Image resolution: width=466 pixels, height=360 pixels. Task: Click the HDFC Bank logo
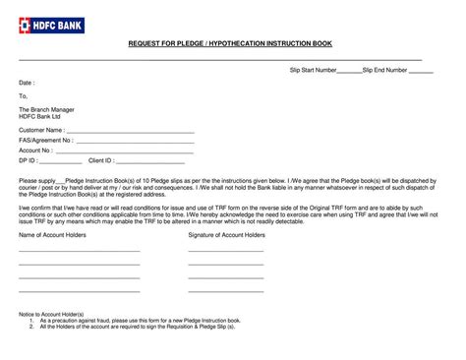point(51,25)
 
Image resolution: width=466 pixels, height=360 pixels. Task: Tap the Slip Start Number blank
point(349,71)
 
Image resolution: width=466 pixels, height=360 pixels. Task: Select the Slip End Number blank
point(421,71)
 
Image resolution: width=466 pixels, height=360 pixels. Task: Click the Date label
point(27,84)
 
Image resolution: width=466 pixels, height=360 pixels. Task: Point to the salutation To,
point(24,95)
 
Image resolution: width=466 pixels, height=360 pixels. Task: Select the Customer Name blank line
point(130,130)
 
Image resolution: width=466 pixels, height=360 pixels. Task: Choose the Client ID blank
point(149,160)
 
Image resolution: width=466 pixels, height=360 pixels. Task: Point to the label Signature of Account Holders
point(226,236)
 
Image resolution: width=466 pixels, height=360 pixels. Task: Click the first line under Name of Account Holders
point(80,252)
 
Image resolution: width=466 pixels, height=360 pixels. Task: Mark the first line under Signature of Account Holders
point(226,252)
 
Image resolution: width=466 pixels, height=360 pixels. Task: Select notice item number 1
point(138,321)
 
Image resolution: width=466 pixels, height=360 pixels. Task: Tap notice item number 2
point(138,327)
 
